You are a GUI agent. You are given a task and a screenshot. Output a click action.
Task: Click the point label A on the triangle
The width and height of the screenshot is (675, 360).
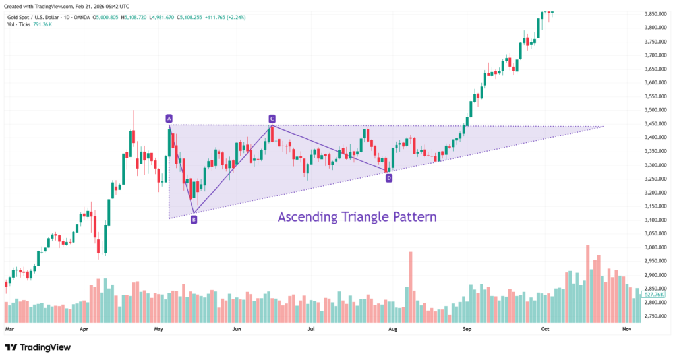tap(169, 119)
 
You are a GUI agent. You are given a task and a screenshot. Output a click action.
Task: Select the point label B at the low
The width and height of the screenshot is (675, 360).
tap(194, 219)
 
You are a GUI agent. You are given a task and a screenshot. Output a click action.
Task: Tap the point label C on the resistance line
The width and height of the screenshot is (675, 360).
tap(272, 119)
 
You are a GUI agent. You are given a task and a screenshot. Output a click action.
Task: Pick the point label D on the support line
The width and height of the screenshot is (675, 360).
tap(389, 178)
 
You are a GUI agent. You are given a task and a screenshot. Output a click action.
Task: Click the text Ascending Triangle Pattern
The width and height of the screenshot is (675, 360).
tap(357, 216)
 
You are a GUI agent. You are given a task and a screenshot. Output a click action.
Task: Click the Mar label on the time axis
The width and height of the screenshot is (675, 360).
tap(9, 328)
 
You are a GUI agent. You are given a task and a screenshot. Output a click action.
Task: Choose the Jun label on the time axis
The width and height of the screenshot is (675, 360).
tap(237, 328)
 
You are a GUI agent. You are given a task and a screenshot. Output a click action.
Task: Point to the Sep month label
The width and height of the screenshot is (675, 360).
tap(467, 328)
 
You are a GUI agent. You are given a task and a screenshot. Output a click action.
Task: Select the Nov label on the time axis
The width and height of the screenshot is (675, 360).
tap(627, 328)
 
